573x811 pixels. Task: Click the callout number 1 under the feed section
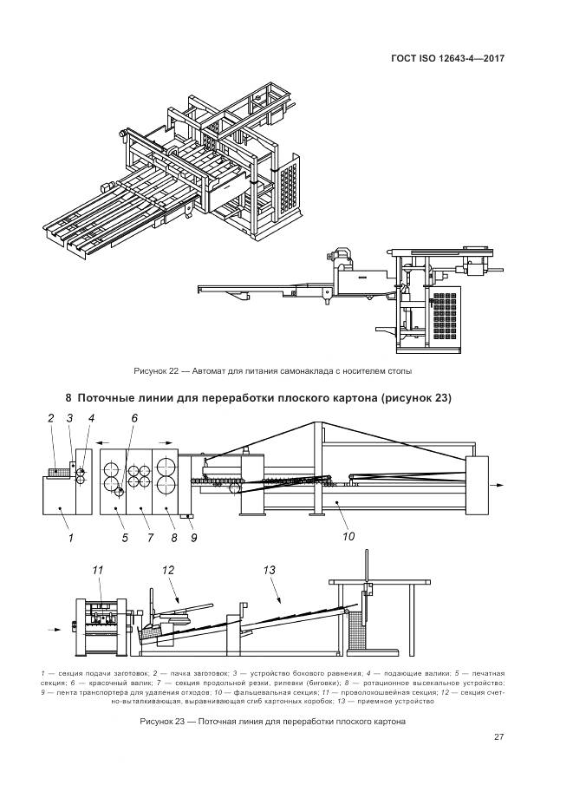point(70,537)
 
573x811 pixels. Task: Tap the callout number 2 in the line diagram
point(51,418)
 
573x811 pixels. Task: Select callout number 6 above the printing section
point(134,418)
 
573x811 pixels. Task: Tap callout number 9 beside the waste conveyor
point(193,537)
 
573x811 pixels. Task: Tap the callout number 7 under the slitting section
point(145,537)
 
